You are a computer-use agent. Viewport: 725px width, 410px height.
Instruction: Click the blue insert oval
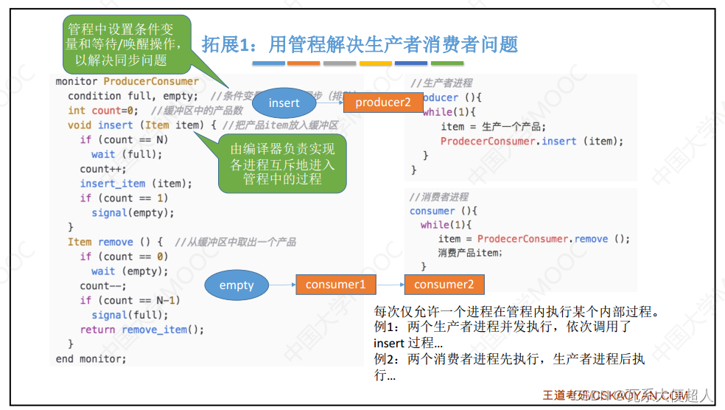pyautogui.click(x=284, y=102)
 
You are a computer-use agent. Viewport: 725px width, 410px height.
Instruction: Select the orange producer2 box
pyautogui.click(x=383, y=102)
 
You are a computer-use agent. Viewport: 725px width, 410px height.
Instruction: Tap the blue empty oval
pyautogui.click(x=237, y=285)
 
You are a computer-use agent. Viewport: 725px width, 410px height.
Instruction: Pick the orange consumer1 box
pyautogui.click(x=335, y=284)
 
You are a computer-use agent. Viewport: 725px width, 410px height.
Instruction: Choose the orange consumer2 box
pyautogui.click(x=444, y=284)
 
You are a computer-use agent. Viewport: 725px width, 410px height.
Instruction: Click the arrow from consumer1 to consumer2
pyautogui.click(x=390, y=284)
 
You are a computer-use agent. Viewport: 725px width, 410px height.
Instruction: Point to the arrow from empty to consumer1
pyautogui.click(x=281, y=284)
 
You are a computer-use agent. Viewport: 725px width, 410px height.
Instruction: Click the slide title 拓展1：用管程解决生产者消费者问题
pyautogui.click(x=360, y=44)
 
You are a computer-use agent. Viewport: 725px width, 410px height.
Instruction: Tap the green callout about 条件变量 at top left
pyautogui.click(x=122, y=44)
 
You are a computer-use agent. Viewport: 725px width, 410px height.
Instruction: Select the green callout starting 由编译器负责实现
pyautogui.click(x=282, y=164)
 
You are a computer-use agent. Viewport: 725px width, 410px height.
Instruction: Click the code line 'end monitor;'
pyautogui.click(x=91, y=358)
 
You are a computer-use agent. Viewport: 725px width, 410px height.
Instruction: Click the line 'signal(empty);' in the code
pyautogui.click(x=133, y=212)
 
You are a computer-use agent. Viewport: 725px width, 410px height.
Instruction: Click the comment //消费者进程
pyautogui.click(x=439, y=197)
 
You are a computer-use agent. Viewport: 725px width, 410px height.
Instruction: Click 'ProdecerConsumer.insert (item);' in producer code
pyautogui.click(x=531, y=141)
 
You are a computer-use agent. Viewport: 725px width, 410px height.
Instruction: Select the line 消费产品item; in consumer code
pyautogui.click(x=469, y=253)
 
